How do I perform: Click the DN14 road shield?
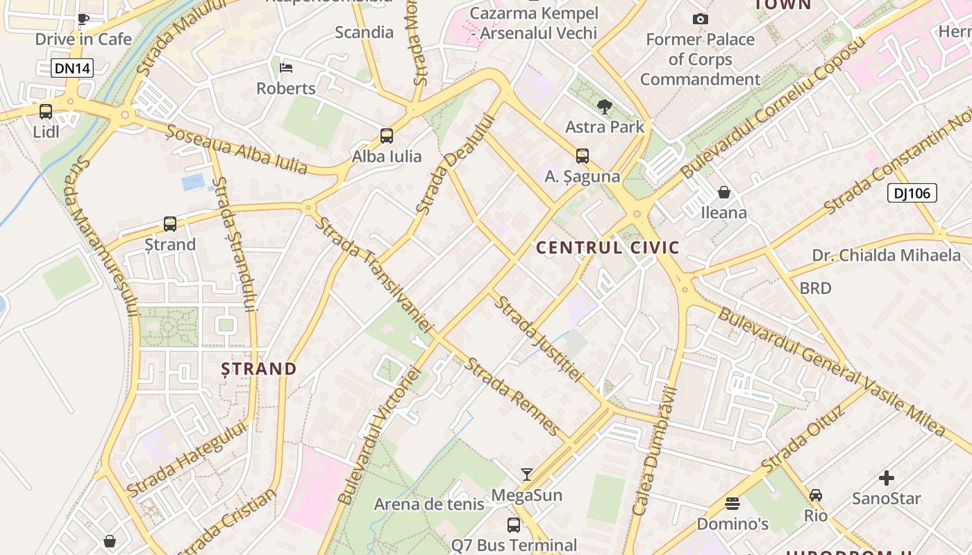coord(72,68)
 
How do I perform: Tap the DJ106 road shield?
coord(912,193)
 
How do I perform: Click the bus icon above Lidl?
coord(46,111)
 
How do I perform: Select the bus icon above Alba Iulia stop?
coord(387,136)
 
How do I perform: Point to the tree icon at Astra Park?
coord(605,106)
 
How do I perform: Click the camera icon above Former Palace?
coord(701,19)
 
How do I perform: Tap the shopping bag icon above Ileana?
coord(724,191)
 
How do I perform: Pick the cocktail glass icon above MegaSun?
coord(527,475)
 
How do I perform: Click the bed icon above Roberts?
coord(286,67)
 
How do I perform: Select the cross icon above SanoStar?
coord(887,478)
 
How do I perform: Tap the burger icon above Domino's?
coord(732,503)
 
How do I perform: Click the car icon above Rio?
coord(816,495)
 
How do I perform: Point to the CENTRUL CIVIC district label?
coord(607,248)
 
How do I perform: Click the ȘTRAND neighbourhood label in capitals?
coord(259,368)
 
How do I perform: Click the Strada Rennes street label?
coord(513,396)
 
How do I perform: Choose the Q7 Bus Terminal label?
coord(514,545)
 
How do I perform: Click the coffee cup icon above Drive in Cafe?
coord(83,19)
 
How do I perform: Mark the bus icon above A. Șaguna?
coord(582,156)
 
